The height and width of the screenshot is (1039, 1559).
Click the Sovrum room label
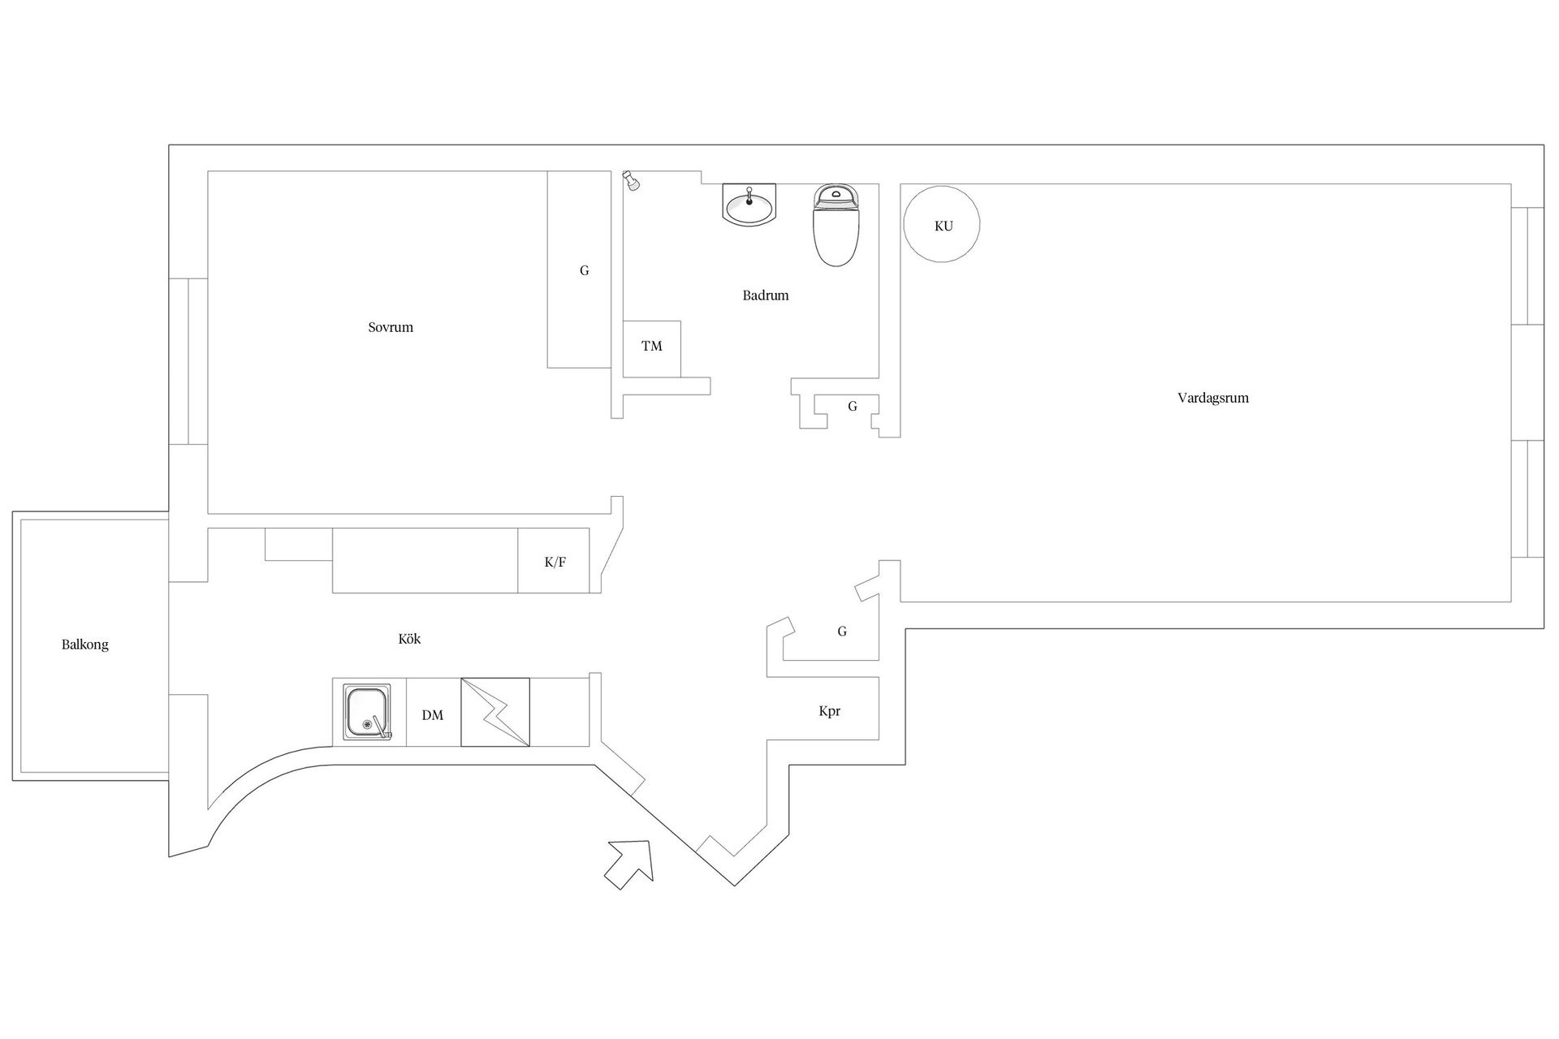tap(391, 328)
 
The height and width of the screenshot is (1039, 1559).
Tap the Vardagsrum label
tap(1213, 399)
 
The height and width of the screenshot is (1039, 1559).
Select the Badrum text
tap(765, 295)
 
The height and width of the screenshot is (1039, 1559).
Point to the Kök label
tap(409, 640)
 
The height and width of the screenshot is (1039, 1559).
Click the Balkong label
tap(84, 645)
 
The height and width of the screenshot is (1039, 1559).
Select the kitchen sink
tap(367, 712)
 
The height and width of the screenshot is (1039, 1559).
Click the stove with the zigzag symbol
tap(495, 712)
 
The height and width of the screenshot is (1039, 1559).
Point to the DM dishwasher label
tap(433, 715)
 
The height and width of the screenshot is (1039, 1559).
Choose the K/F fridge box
tap(555, 562)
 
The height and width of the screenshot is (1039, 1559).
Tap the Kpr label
tap(829, 712)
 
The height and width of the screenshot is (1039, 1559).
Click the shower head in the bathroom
tap(630, 180)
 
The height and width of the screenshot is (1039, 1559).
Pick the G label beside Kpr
tap(842, 632)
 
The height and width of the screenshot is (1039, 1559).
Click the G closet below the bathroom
tap(852, 407)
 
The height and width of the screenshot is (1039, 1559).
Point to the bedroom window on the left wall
tap(188, 361)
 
